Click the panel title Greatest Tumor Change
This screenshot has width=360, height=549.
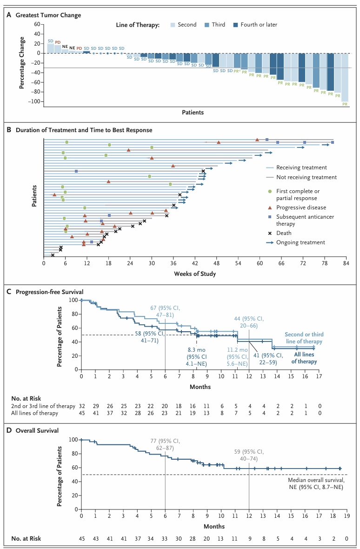tap(48, 15)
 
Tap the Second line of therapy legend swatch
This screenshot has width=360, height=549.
tap(173, 25)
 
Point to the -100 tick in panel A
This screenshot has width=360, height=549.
tap(34, 101)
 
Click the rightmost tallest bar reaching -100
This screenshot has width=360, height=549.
tap(345, 77)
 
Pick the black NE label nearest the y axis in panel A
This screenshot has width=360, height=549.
tap(65, 47)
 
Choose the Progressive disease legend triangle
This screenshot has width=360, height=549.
tap(269, 208)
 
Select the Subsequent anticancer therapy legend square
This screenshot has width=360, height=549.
tap(269, 217)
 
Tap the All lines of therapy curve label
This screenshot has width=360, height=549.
tap(305, 358)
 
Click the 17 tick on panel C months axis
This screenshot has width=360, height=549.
tap(318, 377)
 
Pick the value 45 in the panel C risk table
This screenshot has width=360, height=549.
tap(82, 413)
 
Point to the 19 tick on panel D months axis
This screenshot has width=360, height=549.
tap(346, 517)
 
